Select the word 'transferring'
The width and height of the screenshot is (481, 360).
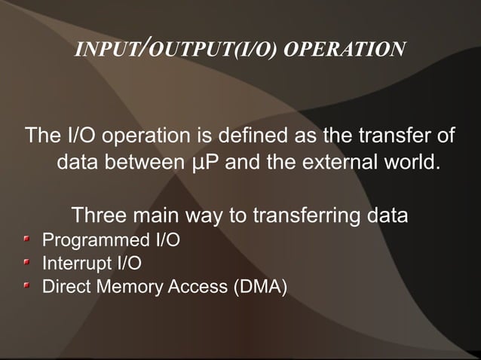[306, 216]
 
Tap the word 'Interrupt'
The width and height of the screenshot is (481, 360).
[75, 264]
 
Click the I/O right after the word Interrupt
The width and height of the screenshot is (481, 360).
[127, 264]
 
